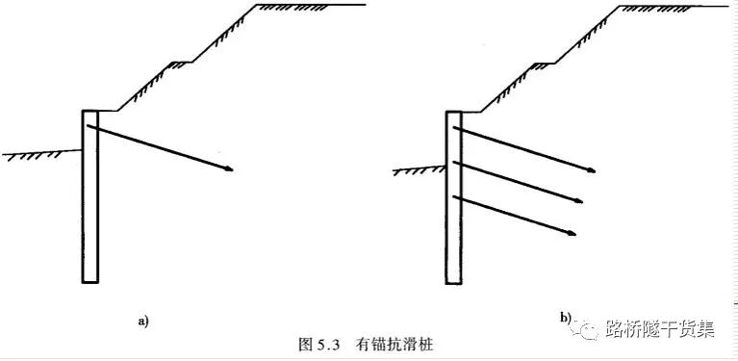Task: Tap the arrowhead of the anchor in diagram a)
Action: (x=228, y=170)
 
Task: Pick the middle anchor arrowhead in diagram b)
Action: (x=580, y=202)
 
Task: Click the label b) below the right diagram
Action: (x=566, y=318)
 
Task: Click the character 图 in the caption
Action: (x=308, y=344)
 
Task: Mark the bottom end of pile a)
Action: (x=90, y=282)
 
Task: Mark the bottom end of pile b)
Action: (x=455, y=282)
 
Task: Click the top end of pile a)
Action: (x=90, y=111)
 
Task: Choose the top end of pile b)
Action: (x=455, y=112)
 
